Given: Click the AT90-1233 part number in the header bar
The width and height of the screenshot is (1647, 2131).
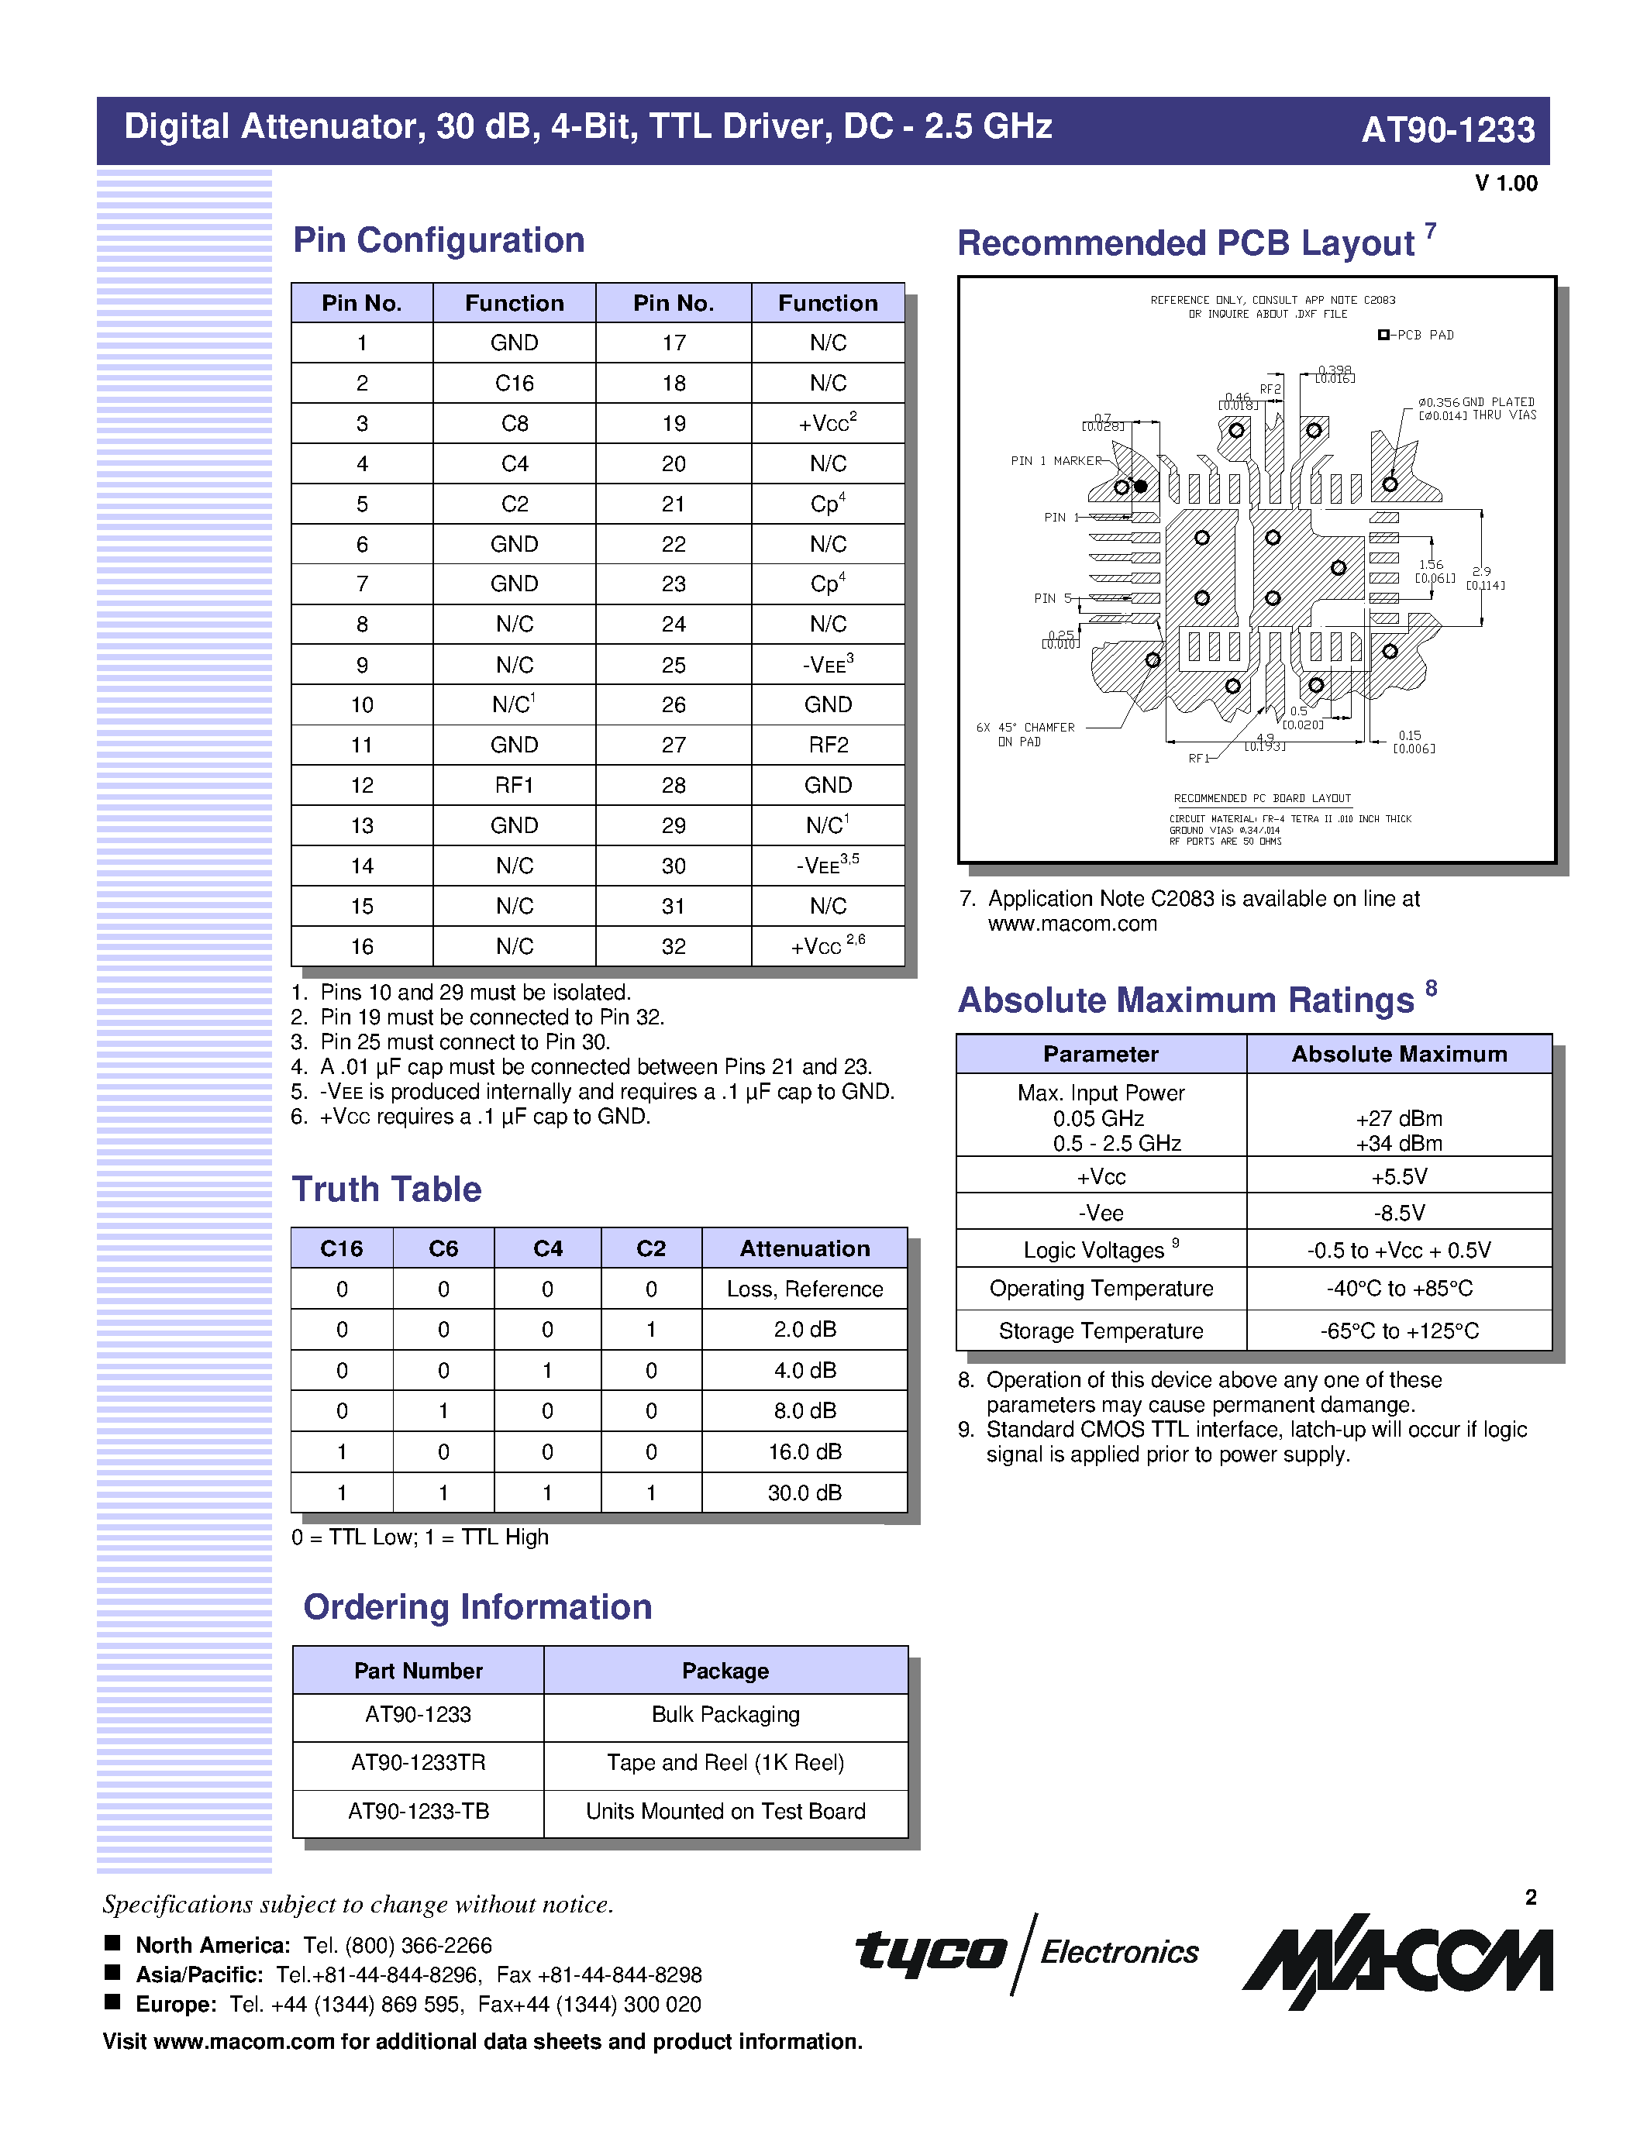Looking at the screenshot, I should (1447, 129).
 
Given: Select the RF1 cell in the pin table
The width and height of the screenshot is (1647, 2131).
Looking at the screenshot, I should (514, 786).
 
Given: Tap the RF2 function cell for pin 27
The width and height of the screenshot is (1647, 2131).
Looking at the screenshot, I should (828, 745).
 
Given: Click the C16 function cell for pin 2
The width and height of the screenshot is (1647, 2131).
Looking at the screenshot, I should (514, 384).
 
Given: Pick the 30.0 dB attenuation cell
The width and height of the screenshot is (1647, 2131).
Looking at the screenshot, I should (804, 1493).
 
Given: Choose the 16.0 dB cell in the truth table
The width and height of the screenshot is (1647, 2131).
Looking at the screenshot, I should (804, 1452).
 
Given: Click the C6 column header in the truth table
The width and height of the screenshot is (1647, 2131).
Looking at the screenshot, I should (443, 1249).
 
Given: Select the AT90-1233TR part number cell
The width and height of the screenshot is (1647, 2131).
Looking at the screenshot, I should (418, 1763).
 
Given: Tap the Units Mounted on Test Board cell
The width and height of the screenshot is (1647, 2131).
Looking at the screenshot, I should (725, 1812).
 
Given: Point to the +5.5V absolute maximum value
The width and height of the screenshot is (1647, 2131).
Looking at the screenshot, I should (1398, 1177).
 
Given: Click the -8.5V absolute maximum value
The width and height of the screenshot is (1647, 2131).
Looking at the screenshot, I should (1398, 1213).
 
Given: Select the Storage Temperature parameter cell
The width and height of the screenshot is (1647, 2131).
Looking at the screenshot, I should (1101, 1331).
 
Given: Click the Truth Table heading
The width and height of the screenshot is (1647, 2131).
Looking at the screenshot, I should (387, 1189).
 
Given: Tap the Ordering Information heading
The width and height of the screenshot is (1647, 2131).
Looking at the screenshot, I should (477, 1607).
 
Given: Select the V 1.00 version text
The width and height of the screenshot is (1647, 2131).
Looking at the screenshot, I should (1505, 184).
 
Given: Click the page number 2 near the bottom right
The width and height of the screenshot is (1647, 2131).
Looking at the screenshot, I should (1530, 1897).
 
